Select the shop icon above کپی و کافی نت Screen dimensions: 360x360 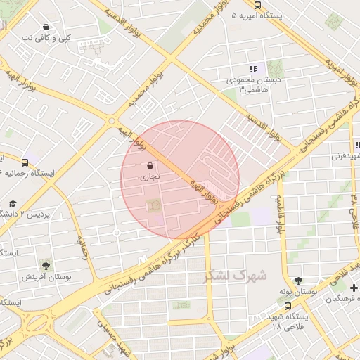(46, 27)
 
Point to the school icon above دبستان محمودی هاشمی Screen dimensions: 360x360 (252, 69)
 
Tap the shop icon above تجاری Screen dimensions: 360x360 (151, 166)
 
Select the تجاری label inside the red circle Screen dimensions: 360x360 (151, 178)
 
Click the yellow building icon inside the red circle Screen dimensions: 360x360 (152, 205)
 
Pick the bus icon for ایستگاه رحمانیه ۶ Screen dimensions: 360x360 (25, 162)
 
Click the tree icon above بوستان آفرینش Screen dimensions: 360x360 (46, 266)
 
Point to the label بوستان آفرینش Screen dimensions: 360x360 (43, 277)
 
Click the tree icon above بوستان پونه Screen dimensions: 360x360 (297, 280)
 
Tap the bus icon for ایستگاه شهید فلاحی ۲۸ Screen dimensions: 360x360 (288, 307)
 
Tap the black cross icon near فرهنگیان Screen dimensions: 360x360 (354, 288)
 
